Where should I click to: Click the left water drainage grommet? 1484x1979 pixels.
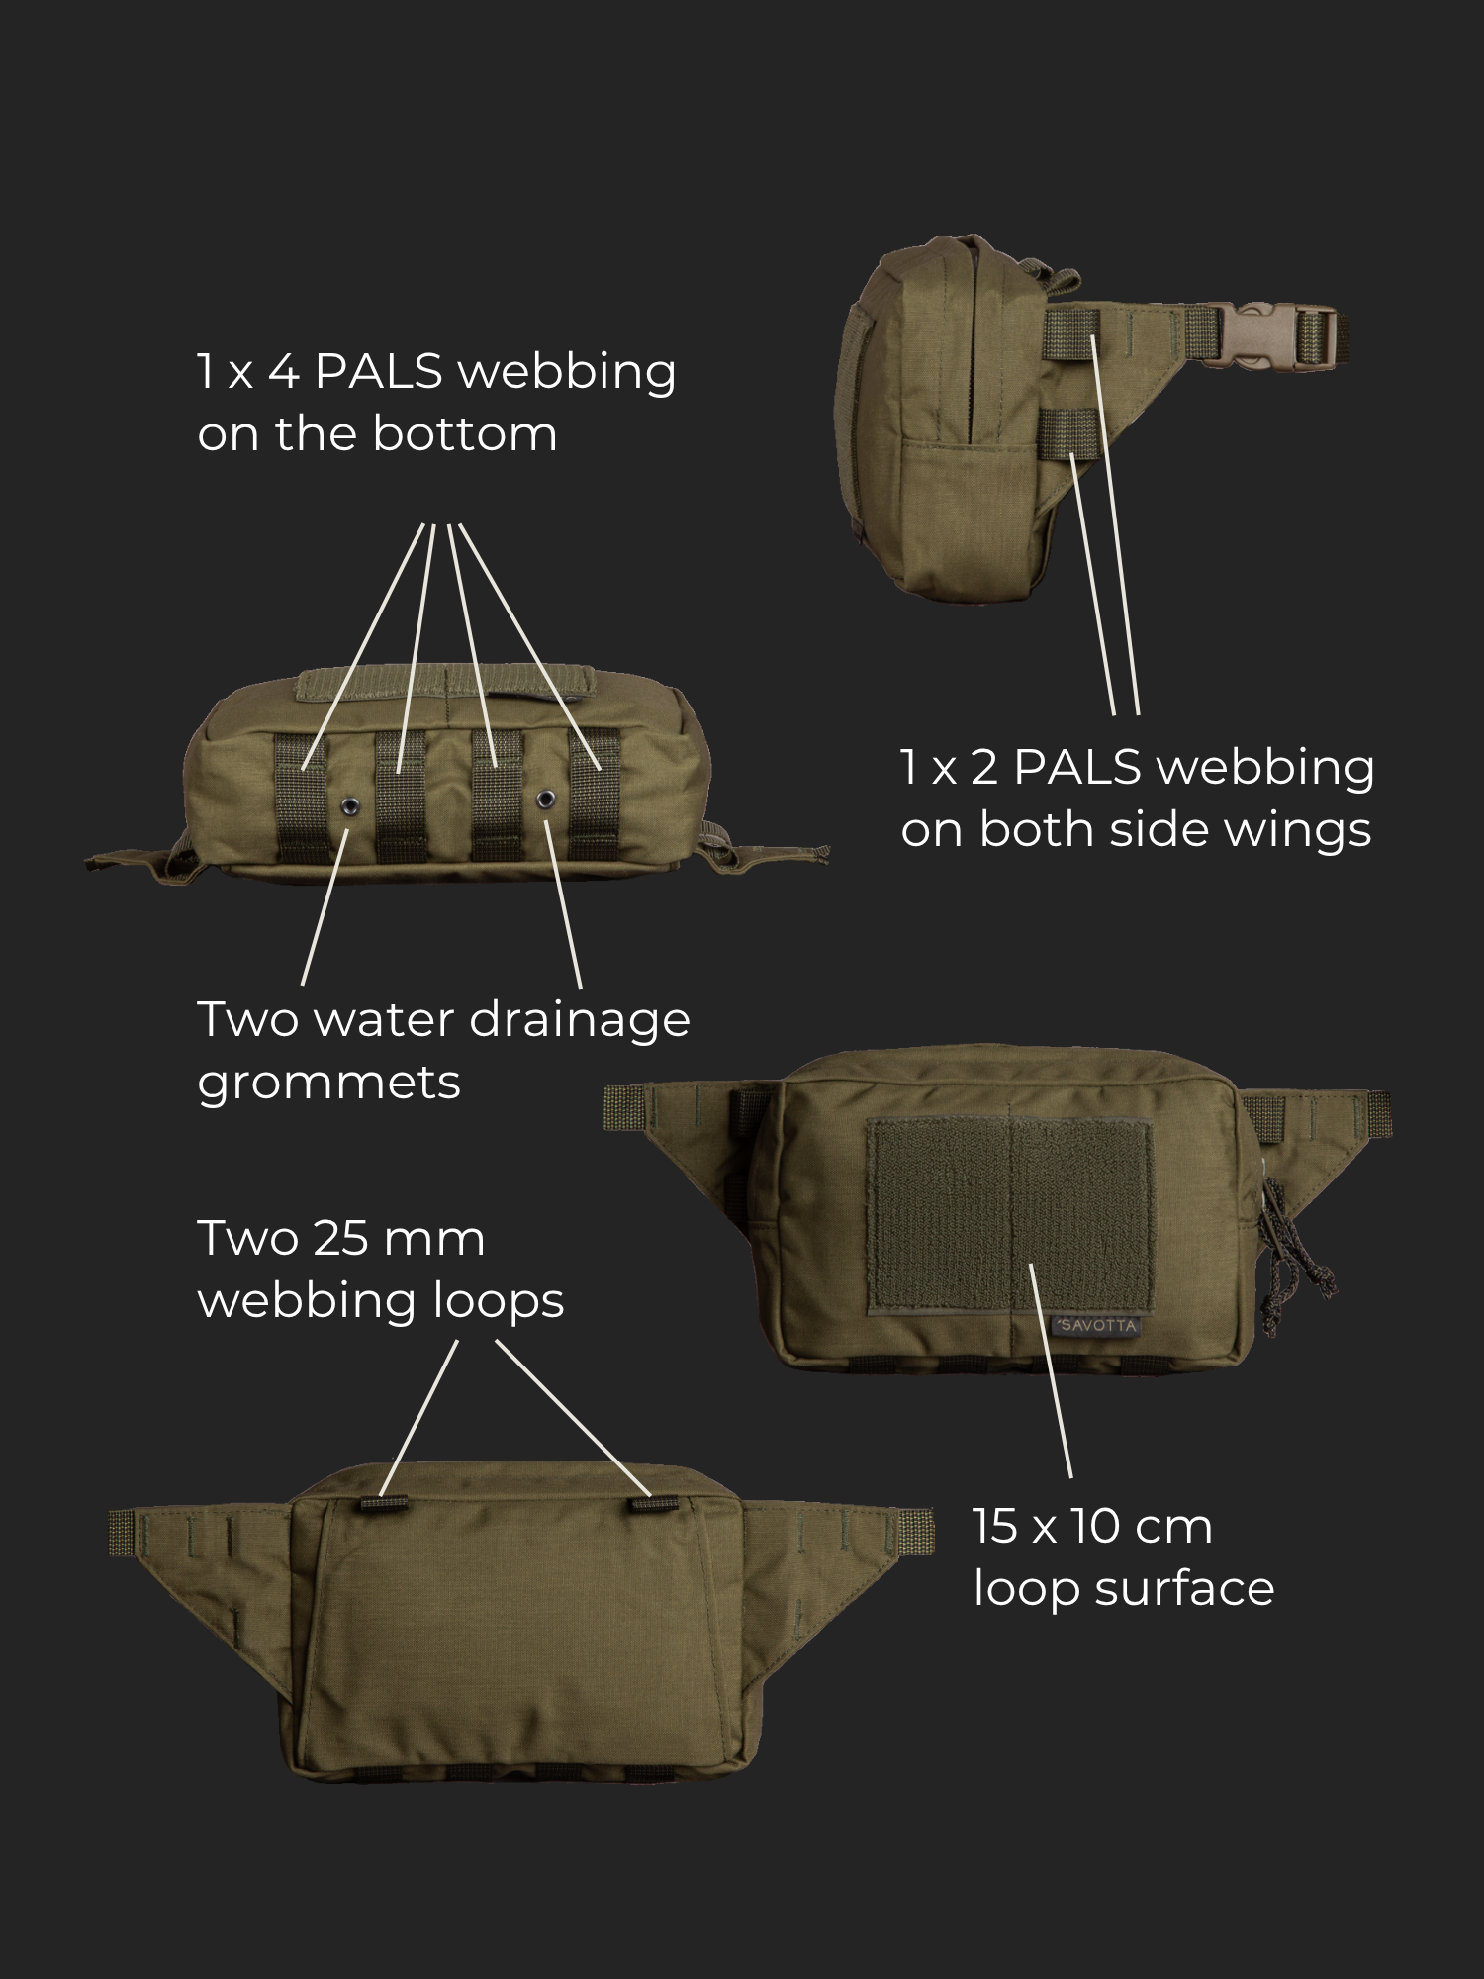[349, 806]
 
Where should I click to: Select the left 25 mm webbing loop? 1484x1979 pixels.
[385, 1503]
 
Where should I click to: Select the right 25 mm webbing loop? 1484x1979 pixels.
[655, 1504]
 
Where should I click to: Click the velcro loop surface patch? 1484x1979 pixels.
[1009, 1215]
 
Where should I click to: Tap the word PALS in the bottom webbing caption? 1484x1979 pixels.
[379, 372]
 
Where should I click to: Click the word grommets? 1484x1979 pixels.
[328, 1083]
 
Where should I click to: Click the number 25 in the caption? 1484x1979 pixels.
[340, 1238]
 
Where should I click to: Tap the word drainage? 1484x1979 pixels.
[579, 1020]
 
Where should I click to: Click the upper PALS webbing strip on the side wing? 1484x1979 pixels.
[1071, 333]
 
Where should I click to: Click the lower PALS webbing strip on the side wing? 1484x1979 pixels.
[1068, 432]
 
